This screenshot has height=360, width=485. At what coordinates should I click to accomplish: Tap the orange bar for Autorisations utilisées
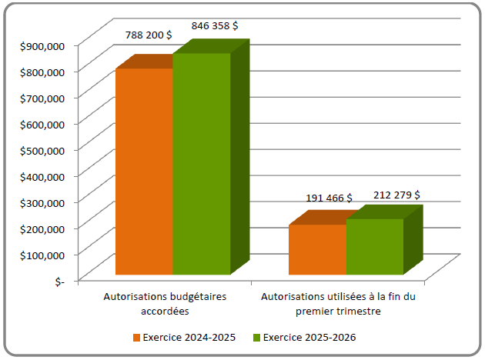[x=317, y=249]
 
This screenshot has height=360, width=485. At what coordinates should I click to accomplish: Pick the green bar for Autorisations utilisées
[x=374, y=246]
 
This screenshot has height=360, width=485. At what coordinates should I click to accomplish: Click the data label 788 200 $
[x=148, y=35]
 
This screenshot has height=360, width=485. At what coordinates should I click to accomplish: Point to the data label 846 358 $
[x=214, y=25]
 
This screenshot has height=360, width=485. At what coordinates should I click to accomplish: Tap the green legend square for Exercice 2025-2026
[x=258, y=338]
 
